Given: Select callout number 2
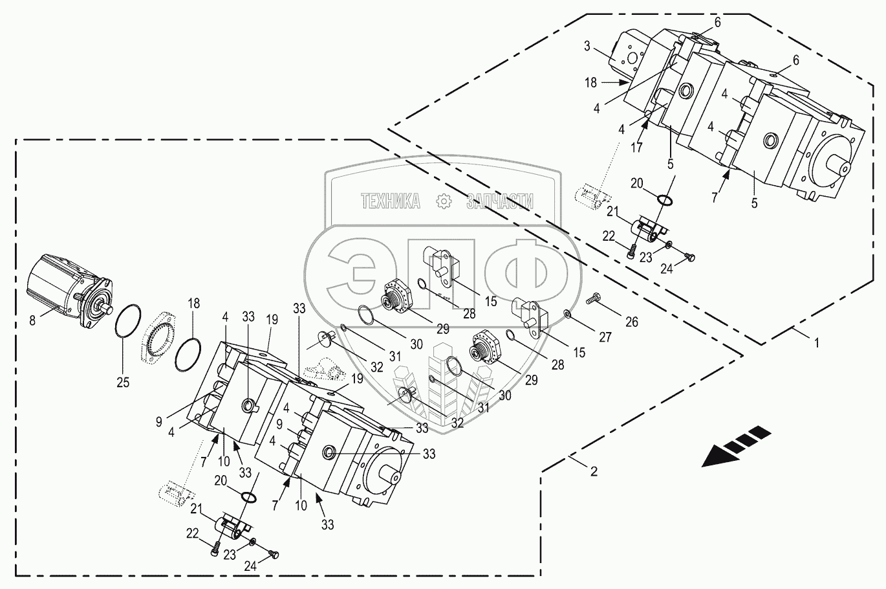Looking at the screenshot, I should tap(594, 471).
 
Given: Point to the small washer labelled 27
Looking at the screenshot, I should tap(567, 314).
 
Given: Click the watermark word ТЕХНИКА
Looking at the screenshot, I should tap(391, 201).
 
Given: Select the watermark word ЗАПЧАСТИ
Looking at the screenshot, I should tap(499, 201).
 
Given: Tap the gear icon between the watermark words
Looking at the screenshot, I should tap(444, 201).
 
